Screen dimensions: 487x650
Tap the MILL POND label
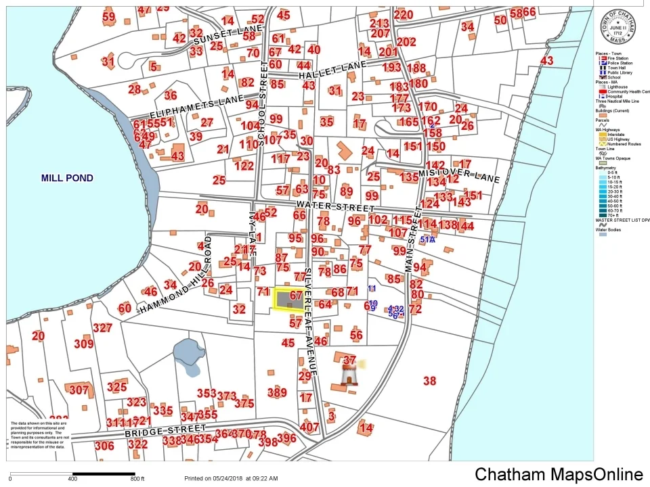(67, 179)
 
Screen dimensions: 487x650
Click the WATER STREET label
(334, 206)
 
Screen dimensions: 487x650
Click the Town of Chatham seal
(617, 26)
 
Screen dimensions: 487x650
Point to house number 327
(102, 328)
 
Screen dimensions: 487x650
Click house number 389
(277, 392)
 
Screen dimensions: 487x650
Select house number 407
(309, 427)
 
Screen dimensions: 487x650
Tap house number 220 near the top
(403, 15)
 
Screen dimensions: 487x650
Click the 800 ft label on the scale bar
(137, 479)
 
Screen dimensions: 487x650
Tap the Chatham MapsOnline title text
(559, 475)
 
